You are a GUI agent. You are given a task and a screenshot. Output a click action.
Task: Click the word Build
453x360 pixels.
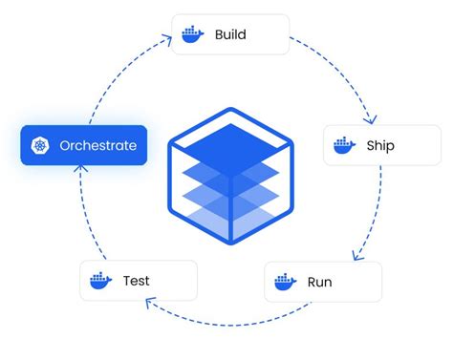pyautogui.click(x=230, y=35)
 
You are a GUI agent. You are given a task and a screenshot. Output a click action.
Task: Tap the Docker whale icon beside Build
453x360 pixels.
pyautogui.click(x=193, y=35)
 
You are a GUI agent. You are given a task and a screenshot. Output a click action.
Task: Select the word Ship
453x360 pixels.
pyautogui.click(x=379, y=146)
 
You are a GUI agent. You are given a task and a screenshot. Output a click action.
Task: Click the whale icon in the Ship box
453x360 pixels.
pyautogui.click(x=343, y=146)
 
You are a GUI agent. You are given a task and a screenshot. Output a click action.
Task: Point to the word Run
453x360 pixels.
pyautogui.click(x=319, y=282)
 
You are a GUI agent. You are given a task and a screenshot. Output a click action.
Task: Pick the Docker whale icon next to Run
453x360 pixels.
pyautogui.click(x=284, y=282)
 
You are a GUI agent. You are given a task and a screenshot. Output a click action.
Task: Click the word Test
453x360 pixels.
pyautogui.click(x=136, y=281)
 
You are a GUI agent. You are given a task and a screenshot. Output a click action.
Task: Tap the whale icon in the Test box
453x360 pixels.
pyautogui.click(x=99, y=281)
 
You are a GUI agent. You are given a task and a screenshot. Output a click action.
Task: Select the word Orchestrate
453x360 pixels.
pyautogui.click(x=97, y=146)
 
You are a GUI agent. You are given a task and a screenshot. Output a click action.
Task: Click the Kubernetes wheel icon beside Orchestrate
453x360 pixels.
pyautogui.click(x=40, y=146)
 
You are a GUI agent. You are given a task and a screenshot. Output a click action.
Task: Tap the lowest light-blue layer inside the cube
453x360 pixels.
pyautogui.click(x=226, y=212)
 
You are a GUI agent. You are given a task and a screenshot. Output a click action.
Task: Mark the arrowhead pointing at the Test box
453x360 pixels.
pyautogui.click(x=151, y=303)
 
